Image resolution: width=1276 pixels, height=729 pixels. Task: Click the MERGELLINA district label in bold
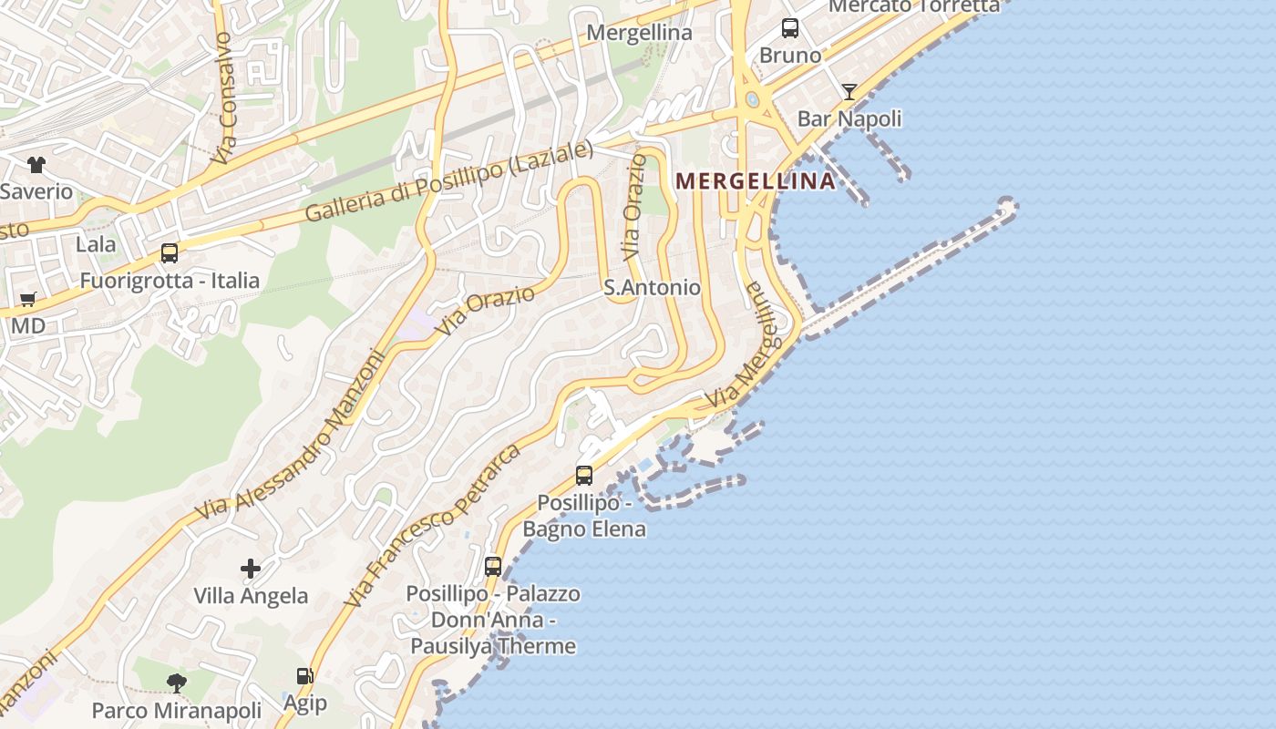pyautogui.click(x=756, y=180)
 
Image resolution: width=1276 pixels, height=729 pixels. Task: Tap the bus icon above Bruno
pyautogui.click(x=790, y=28)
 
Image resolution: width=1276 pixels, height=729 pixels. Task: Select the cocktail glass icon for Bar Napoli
pyautogui.click(x=849, y=91)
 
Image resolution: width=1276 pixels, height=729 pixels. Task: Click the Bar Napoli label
pyautogui.click(x=849, y=118)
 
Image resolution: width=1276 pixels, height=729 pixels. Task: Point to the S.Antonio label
pyautogui.click(x=653, y=288)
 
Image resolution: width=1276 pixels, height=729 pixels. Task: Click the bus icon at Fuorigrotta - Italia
pyautogui.click(x=170, y=253)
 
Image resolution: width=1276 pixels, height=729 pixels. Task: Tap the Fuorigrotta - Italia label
pyautogui.click(x=170, y=281)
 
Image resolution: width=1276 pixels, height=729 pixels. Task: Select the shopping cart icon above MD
pyautogui.click(x=28, y=299)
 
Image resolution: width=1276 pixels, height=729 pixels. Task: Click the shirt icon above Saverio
pyautogui.click(x=36, y=165)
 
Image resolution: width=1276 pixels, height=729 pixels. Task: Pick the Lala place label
pyautogui.click(x=96, y=244)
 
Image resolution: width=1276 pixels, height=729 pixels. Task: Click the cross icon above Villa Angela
pyautogui.click(x=251, y=570)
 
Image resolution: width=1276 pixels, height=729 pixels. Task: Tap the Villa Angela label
pyautogui.click(x=251, y=596)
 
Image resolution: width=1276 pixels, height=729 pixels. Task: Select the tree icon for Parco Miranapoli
pyautogui.click(x=177, y=683)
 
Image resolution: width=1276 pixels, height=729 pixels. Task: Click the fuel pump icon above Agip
pyautogui.click(x=304, y=676)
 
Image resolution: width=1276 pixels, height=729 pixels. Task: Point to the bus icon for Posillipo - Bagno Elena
pyautogui.click(x=584, y=475)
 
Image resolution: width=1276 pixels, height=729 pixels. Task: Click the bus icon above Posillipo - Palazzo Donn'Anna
pyautogui.click(x=493, y=566)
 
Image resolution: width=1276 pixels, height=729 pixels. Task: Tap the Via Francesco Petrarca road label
pyautogui.click(x=433, y=527)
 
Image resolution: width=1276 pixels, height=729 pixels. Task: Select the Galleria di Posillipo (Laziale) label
pyautogui.click(x=448, y=183)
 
